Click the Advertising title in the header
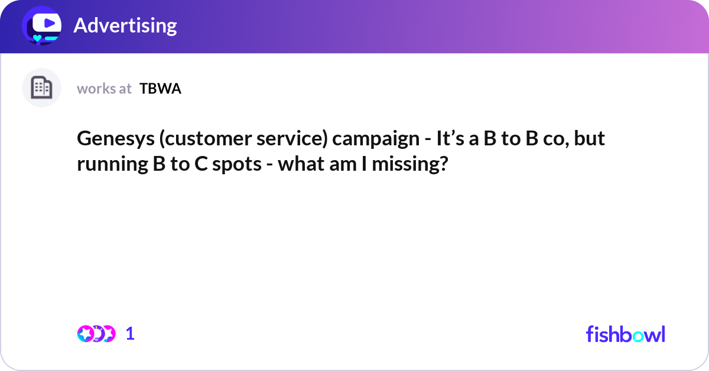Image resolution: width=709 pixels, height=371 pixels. point(125,25)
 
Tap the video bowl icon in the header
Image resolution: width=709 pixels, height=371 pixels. point(42,25)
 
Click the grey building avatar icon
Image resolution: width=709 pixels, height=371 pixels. point(41,88)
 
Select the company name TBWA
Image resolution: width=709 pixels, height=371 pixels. point(160,89)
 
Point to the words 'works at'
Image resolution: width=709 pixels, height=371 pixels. point(104,89)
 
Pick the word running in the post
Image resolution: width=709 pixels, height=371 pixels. point(109,164)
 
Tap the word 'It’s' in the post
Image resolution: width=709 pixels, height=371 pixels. point(448,139)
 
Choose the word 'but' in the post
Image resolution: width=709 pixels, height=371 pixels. point(591,139)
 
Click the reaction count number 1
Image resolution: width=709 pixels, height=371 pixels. point(131,334)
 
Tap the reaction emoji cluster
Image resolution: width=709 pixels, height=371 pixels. point(96,334)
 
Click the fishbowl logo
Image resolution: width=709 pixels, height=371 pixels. point(625,334)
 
